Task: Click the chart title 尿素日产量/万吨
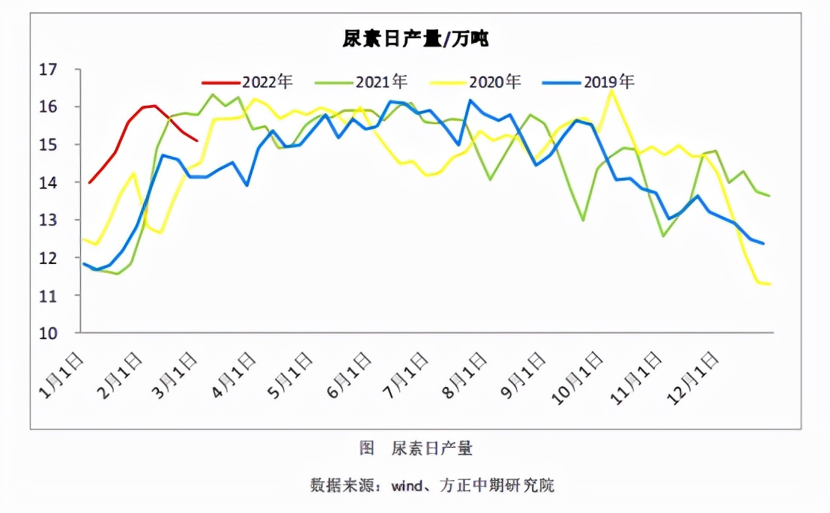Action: click(415, 39)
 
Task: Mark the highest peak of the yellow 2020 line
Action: click(612, 91)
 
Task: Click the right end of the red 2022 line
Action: click(196, 139)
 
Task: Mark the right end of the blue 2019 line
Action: click(763, 243)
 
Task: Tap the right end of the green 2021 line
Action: click(769, 196)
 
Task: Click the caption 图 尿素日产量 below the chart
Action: click(416, 448)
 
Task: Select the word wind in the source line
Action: click(408, 484)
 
